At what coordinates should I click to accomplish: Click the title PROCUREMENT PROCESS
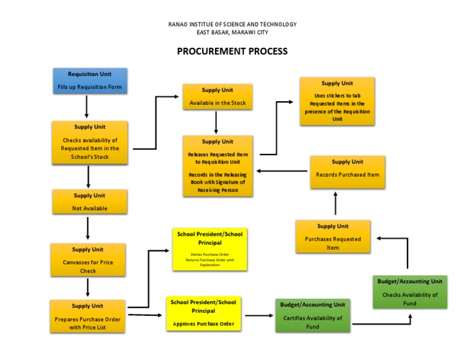tap(232, 52)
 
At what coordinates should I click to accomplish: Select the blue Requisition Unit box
tap(90, 81)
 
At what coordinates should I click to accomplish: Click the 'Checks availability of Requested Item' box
tap(90, 142)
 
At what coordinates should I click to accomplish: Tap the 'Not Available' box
tap(90, 202)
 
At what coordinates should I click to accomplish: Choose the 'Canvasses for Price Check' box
tap(88, 260)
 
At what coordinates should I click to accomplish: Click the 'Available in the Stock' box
tap(217, 97)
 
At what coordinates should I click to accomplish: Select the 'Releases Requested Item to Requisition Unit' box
tap(217, 165)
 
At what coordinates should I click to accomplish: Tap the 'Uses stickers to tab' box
tap(337, 101)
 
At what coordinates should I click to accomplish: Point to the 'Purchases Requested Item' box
tap(333, 236)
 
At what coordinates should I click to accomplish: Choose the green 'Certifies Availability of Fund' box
tap(312, 315)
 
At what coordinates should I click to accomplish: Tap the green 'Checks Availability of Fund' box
tap(410, 292)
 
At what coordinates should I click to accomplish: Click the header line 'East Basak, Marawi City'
tap(232, 32)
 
